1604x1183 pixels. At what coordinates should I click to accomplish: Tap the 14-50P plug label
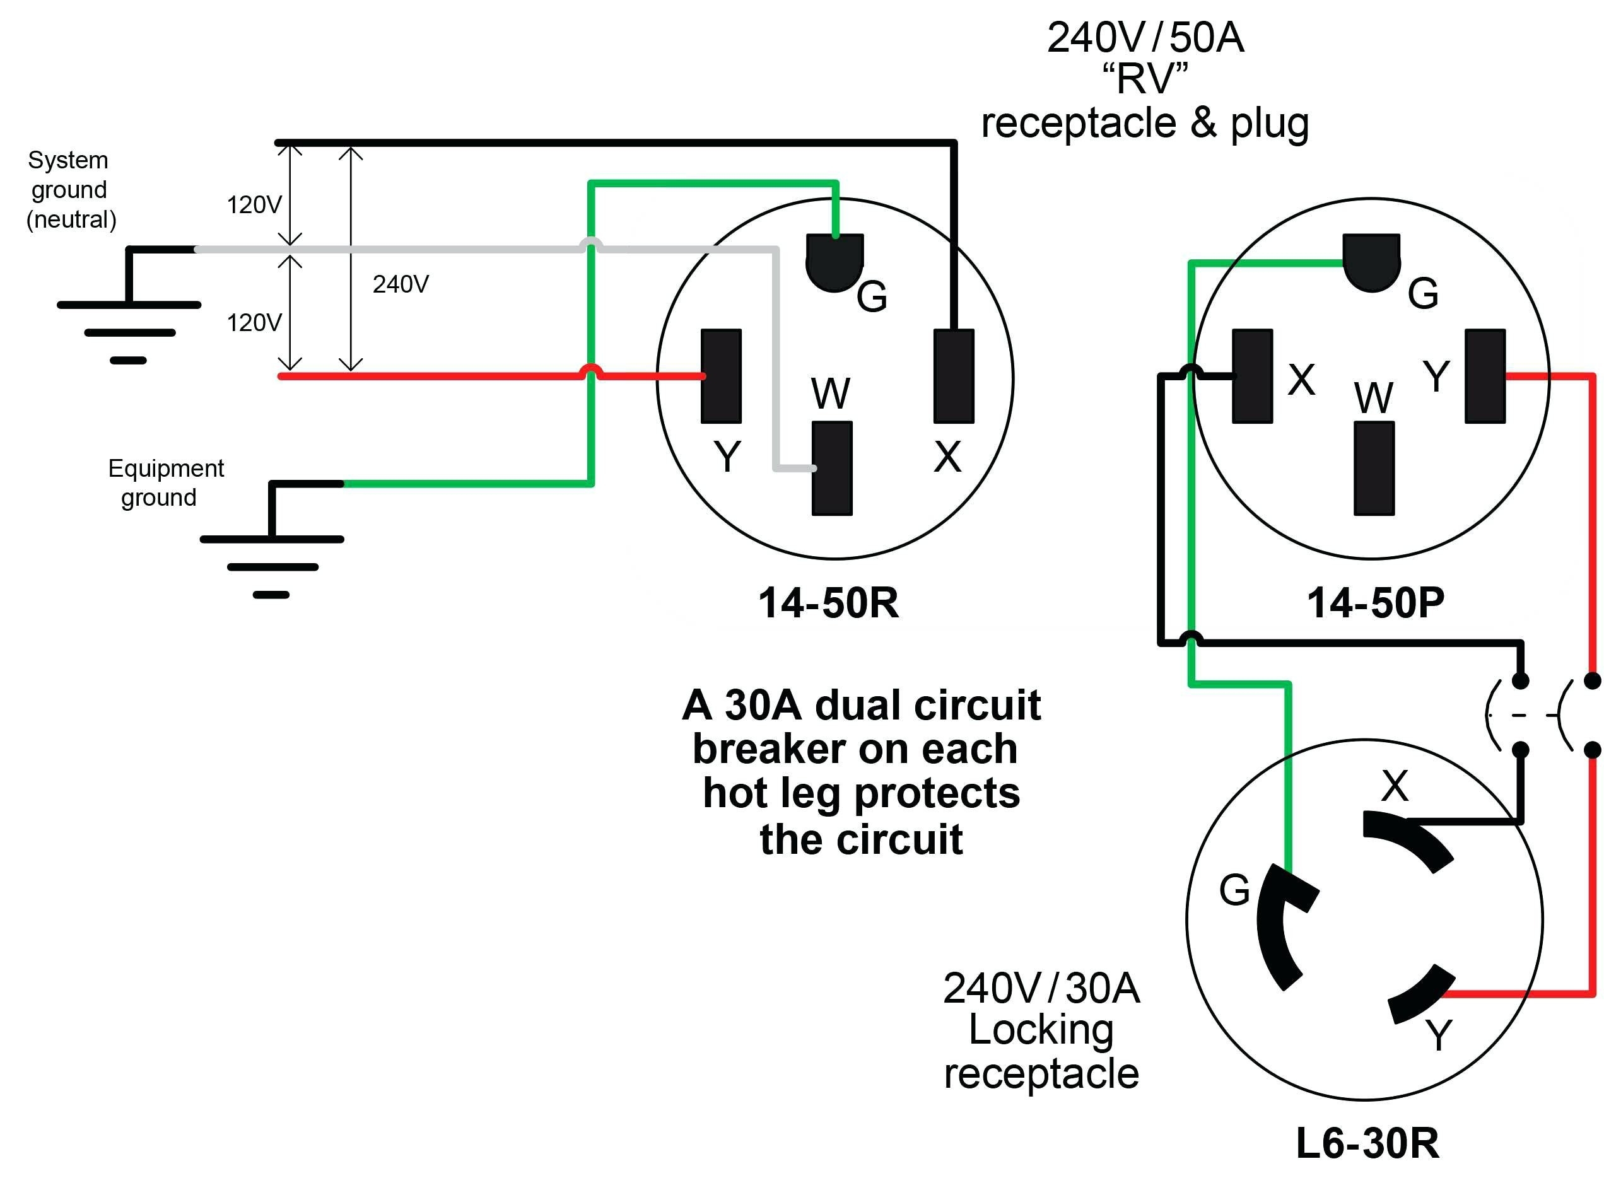(1375, 603)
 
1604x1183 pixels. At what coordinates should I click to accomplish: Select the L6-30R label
(1367, 1144)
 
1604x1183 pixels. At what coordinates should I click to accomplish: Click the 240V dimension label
(401, 284)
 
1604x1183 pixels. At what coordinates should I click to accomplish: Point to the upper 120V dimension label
(254, 205)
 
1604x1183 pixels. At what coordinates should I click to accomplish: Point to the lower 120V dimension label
(254, 323)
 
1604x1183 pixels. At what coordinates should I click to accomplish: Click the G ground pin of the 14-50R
(834, 261)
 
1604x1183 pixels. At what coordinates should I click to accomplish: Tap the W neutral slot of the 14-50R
(831, 469)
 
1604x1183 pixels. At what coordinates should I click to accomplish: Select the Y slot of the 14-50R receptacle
(720, 376)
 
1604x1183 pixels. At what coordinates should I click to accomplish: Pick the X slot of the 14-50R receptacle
(954, 376)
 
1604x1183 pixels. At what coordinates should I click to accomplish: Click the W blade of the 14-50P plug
(1373, 469)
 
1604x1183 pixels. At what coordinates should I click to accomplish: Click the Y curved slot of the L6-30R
(1422, 995)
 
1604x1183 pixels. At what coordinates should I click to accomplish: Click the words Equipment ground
(165, 482)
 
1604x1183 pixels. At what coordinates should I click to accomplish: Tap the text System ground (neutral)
(69, 190)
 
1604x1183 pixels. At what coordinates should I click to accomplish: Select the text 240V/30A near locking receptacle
(1041, 989)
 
